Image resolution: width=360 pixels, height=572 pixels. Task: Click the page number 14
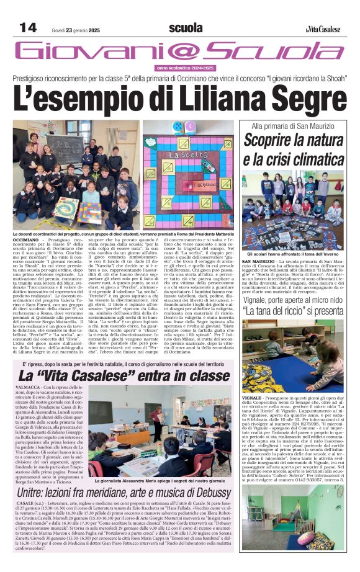click(x=28, y=27)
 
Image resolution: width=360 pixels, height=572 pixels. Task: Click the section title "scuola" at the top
click(x=185, y=28)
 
